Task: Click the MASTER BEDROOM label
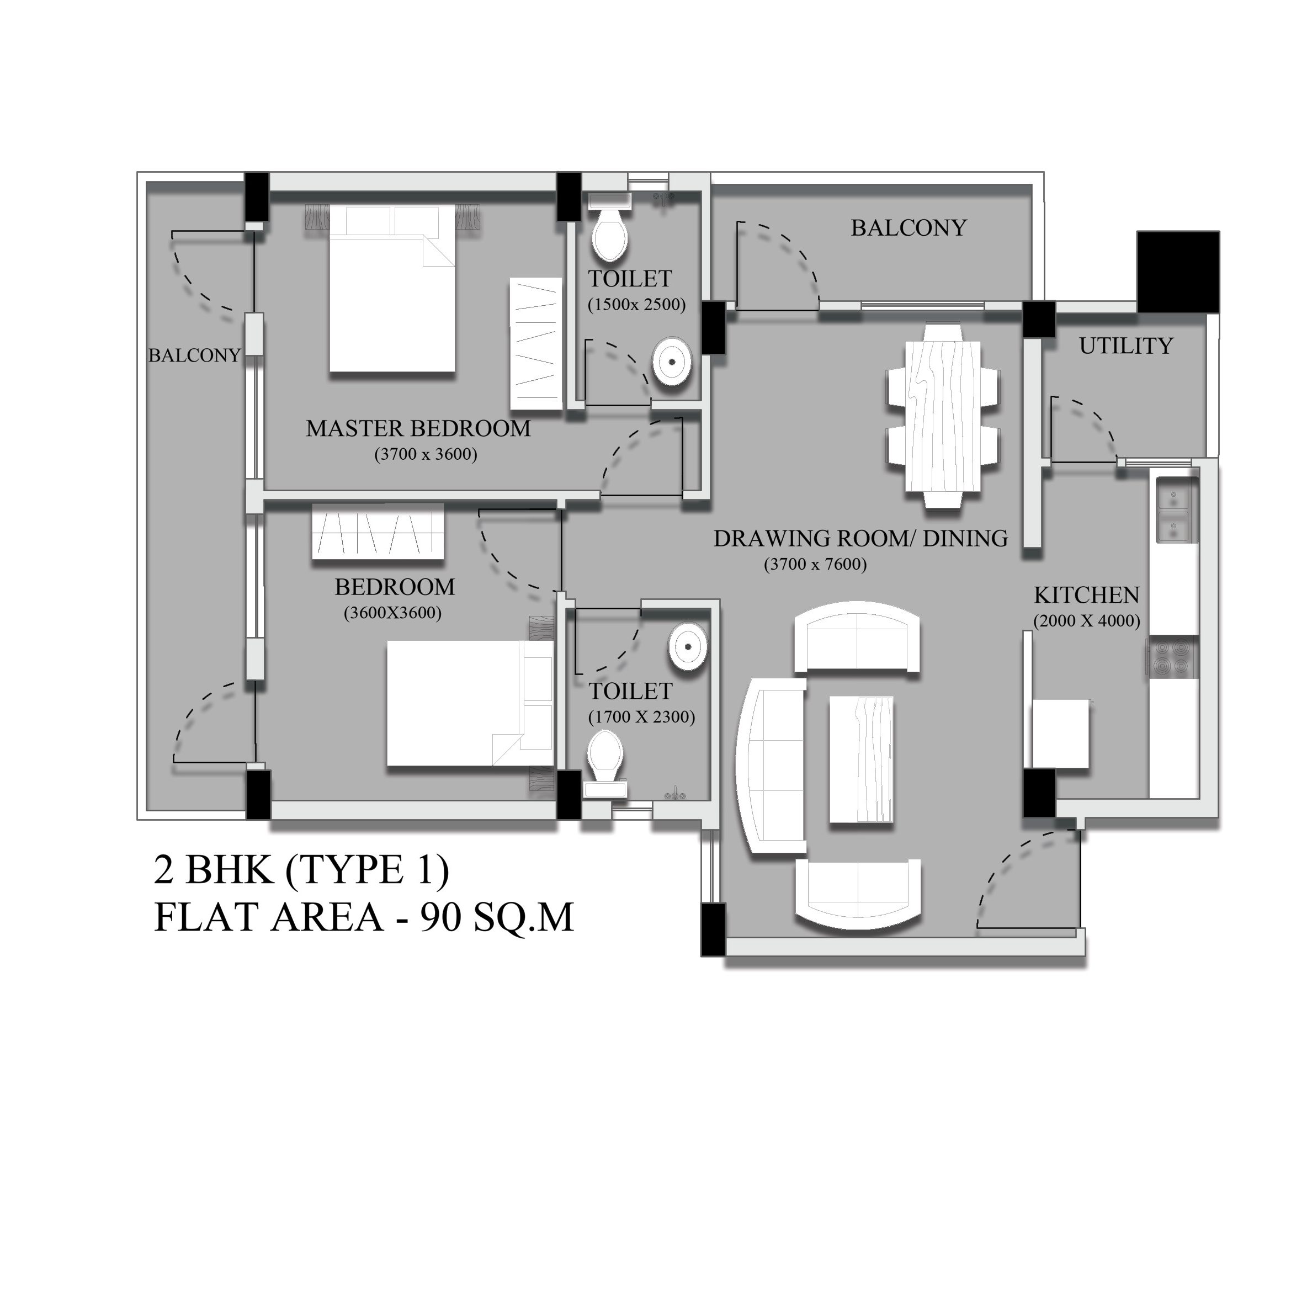tap(418, 428)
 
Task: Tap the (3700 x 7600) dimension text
tap(815, 565)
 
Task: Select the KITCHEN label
tap(1087, 594)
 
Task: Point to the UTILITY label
tap(1126, 346)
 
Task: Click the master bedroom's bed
tap(392, 288)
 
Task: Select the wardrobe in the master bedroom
tap(536, 344)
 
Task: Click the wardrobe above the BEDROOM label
tap(378, 532)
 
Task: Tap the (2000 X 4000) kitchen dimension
tap(1087, 621)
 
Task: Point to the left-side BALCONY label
tap(194, 355)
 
